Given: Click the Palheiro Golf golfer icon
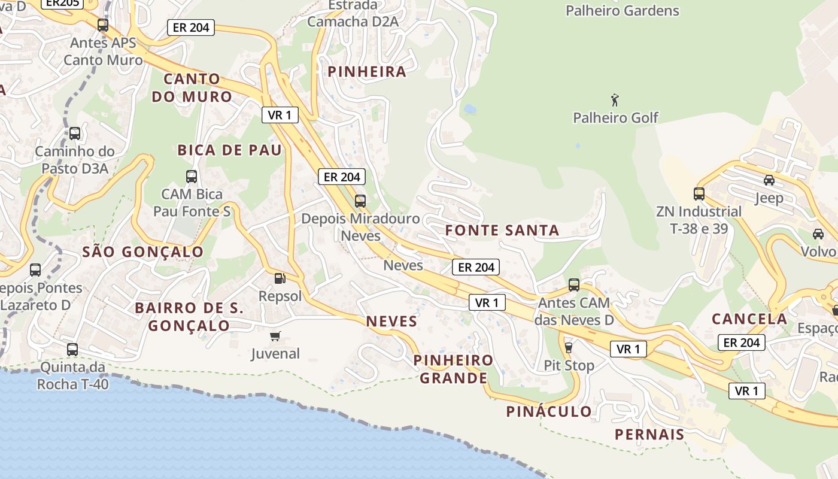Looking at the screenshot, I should click(x=615, y=99).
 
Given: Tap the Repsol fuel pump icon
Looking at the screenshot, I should click(x=279, y=278).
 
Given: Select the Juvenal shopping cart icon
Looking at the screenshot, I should click(x=275, y=336).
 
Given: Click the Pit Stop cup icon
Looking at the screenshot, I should click(x=568, y=347).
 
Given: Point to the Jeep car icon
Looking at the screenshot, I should click(x=769, y=180).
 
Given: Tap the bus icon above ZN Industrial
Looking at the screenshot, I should click(x=699, y=193).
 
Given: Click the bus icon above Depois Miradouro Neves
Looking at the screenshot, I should click(x=360, y=201).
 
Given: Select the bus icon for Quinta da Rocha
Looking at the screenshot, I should click(x=72, y=349).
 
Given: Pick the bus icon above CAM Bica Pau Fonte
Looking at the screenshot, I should click(x=192, y=176).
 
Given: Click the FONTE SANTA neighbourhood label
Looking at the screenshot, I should click(x=502, y=231).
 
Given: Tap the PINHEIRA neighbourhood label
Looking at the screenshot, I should click(x=366, y=72).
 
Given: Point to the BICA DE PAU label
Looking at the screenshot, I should click(x=229, y=150).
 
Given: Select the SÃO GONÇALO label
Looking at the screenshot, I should click(x=142, y=252).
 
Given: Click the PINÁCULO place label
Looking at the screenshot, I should click(x=549, y=411).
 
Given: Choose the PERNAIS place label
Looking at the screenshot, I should click(x=649, y=435).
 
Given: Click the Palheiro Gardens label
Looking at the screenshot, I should click(x=623, y=11).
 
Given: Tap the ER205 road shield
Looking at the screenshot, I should click(x=62, y=2).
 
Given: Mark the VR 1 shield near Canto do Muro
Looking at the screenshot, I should click(x=280, y=115).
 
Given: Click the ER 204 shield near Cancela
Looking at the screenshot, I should click(x=742, y=342).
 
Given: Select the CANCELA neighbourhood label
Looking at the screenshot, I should click(x=749, y=319).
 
